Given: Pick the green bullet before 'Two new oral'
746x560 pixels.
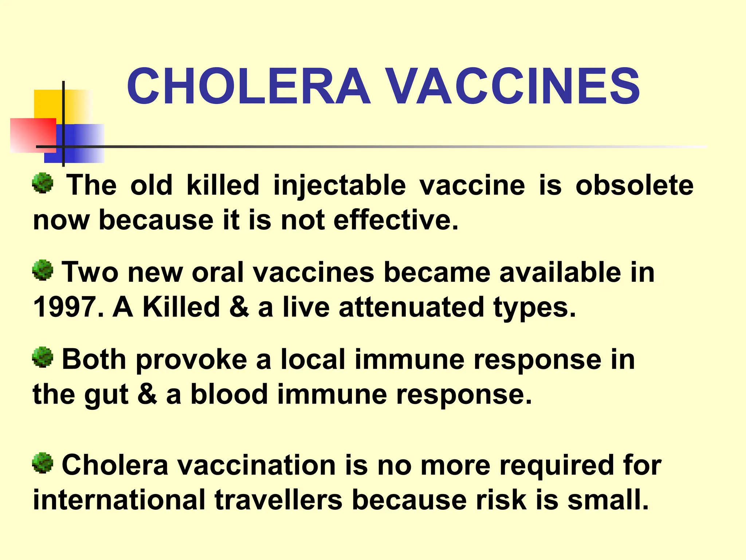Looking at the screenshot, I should pos(43,270).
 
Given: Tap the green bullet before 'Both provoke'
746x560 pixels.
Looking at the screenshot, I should pos(43,357).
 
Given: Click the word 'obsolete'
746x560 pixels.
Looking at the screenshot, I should pos(634,185).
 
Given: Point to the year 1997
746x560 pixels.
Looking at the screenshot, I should pos(65,307).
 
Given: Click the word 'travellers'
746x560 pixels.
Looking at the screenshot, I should pos(278,500).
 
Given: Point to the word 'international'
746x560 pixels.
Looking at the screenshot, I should pos(119,500).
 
